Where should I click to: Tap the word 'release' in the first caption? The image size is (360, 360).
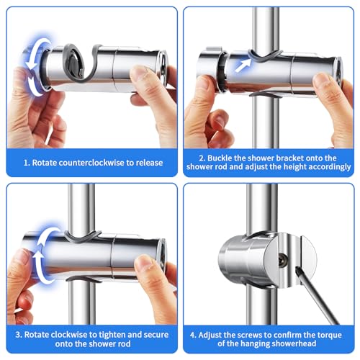pyautogui.click(x=147, y=162)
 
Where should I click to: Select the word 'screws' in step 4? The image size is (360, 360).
pyautogui.click(x=248, y=333)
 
